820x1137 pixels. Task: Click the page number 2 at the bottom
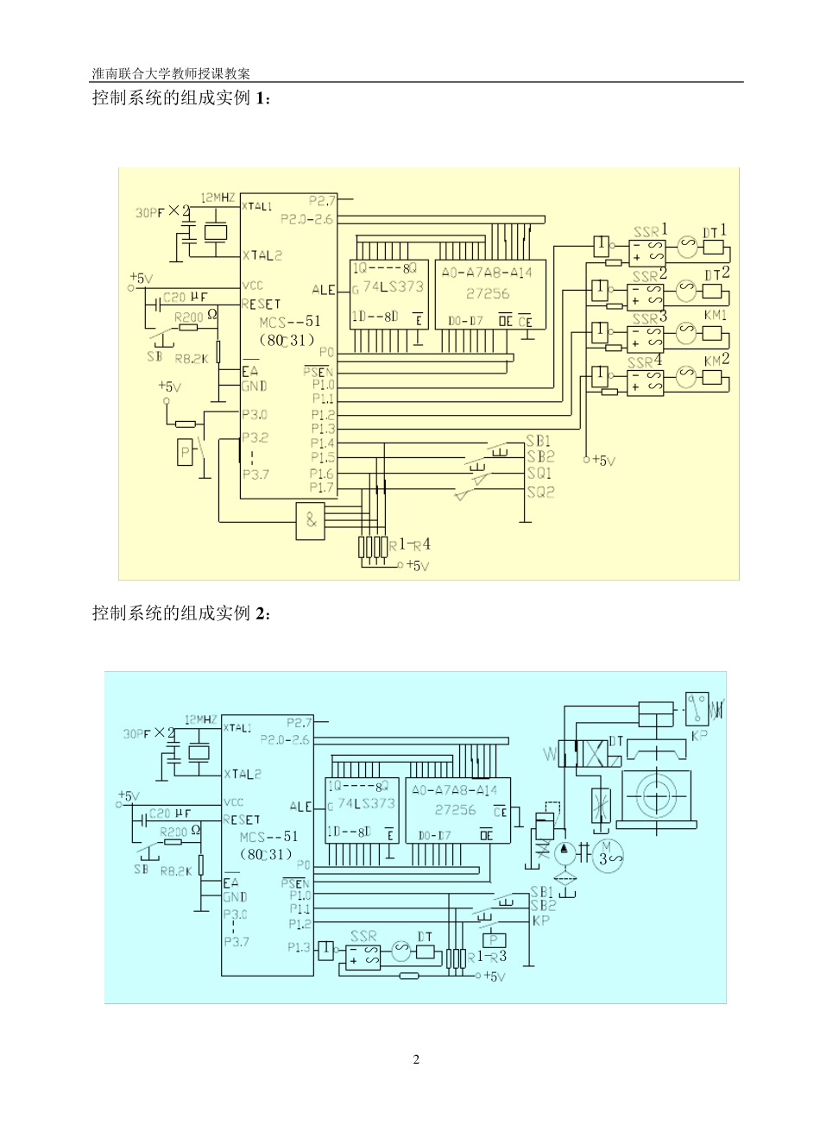[x=416, y=1059]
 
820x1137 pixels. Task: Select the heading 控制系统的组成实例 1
[x=181, y=98]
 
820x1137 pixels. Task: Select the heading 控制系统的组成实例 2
[x=181, y=613]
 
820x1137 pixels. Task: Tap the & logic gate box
[x=311, y=521]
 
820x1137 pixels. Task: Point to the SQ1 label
[x=540, y=474]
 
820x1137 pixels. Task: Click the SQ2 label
[x=540, y=492]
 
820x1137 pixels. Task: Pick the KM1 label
[x=716, y=316]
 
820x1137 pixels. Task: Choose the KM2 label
[x=716, y=359]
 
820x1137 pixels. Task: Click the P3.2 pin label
[x=255, y=437]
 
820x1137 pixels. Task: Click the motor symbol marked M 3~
[x=609, y=853]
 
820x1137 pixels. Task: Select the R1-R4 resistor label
[x=410, y=544]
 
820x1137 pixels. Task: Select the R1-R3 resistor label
[x=487, y=956]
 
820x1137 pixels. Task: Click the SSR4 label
[x=646, y=361]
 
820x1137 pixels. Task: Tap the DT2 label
[x=717, y=274]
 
